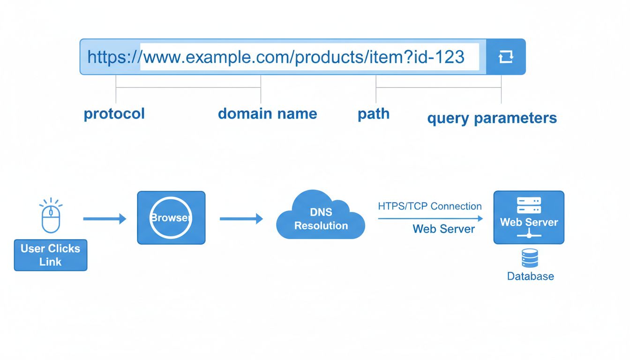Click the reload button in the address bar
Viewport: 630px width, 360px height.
(x=506, y=57)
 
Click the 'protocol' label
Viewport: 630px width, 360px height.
(x=114, y=114)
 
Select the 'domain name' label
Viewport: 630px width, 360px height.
(x=267, y=114)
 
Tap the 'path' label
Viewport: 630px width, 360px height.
(x=373, y=114)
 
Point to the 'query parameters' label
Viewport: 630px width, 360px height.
(x=492, y=118)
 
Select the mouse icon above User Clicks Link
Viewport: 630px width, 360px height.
(x=51, y=219)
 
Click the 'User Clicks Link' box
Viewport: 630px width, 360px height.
(x=51, y=255)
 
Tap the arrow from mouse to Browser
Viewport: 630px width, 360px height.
(x=105, y=218)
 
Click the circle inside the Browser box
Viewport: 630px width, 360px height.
(x=171, y=218)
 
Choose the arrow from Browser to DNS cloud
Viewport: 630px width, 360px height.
(x=241, y=218)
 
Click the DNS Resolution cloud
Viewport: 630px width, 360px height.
(x=321, y=218)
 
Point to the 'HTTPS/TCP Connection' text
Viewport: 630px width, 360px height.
(x=429, y=206)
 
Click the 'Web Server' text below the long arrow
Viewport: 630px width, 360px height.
(x=443, y=229)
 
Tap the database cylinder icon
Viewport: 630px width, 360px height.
(x=530, y=258)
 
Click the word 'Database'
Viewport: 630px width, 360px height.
(x=530, y=276)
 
